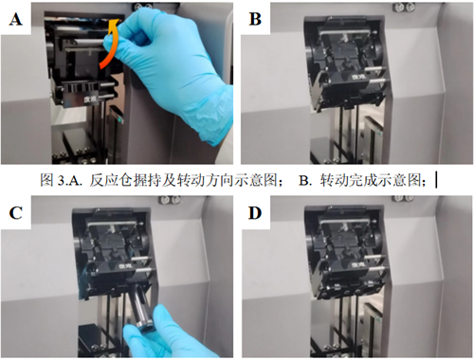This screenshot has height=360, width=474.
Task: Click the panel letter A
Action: (16, 19)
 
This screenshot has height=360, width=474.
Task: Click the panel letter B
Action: (255, 19)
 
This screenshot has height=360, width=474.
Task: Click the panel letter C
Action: (16, 213)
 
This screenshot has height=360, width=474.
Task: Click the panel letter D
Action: (255, 213)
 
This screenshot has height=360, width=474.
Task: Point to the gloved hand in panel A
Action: (171, 69)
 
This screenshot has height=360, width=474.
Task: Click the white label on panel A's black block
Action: (91, 99)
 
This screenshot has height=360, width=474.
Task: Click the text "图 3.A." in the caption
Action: (62, 180)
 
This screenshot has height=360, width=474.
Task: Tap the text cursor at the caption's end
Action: (436, 180)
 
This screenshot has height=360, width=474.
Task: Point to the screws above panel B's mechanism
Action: (404, 6)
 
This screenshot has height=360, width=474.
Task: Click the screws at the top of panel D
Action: (404, 198)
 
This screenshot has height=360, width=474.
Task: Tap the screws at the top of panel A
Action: (141, 7)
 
